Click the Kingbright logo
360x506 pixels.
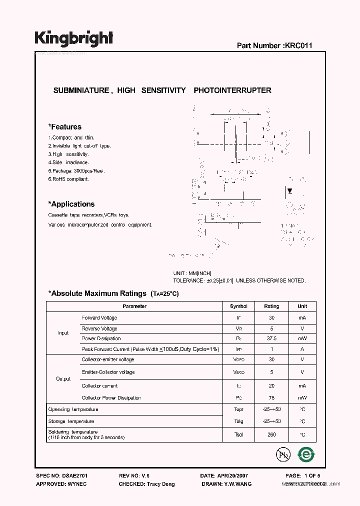[x=74, y=38]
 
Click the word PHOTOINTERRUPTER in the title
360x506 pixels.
[x=232, y=90]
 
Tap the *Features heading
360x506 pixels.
[x=64, y=127]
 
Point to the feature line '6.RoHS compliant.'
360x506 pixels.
[x=68, y=179]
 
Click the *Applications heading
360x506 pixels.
[x=71, y=204]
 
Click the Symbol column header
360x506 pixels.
[x=238, y=306]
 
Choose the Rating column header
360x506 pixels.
[x=271, y=306]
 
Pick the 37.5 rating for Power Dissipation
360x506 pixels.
[x=271, y=338]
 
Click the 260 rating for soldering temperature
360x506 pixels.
[x=271, y=434]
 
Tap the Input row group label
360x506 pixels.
[x=63, y=333]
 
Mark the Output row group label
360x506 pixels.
[x=63, y=379]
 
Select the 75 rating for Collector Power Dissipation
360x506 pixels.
[x=271, y=398]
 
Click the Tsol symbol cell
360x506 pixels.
[x=238, y=434]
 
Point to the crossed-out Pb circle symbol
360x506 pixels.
[x=283, y=454]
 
